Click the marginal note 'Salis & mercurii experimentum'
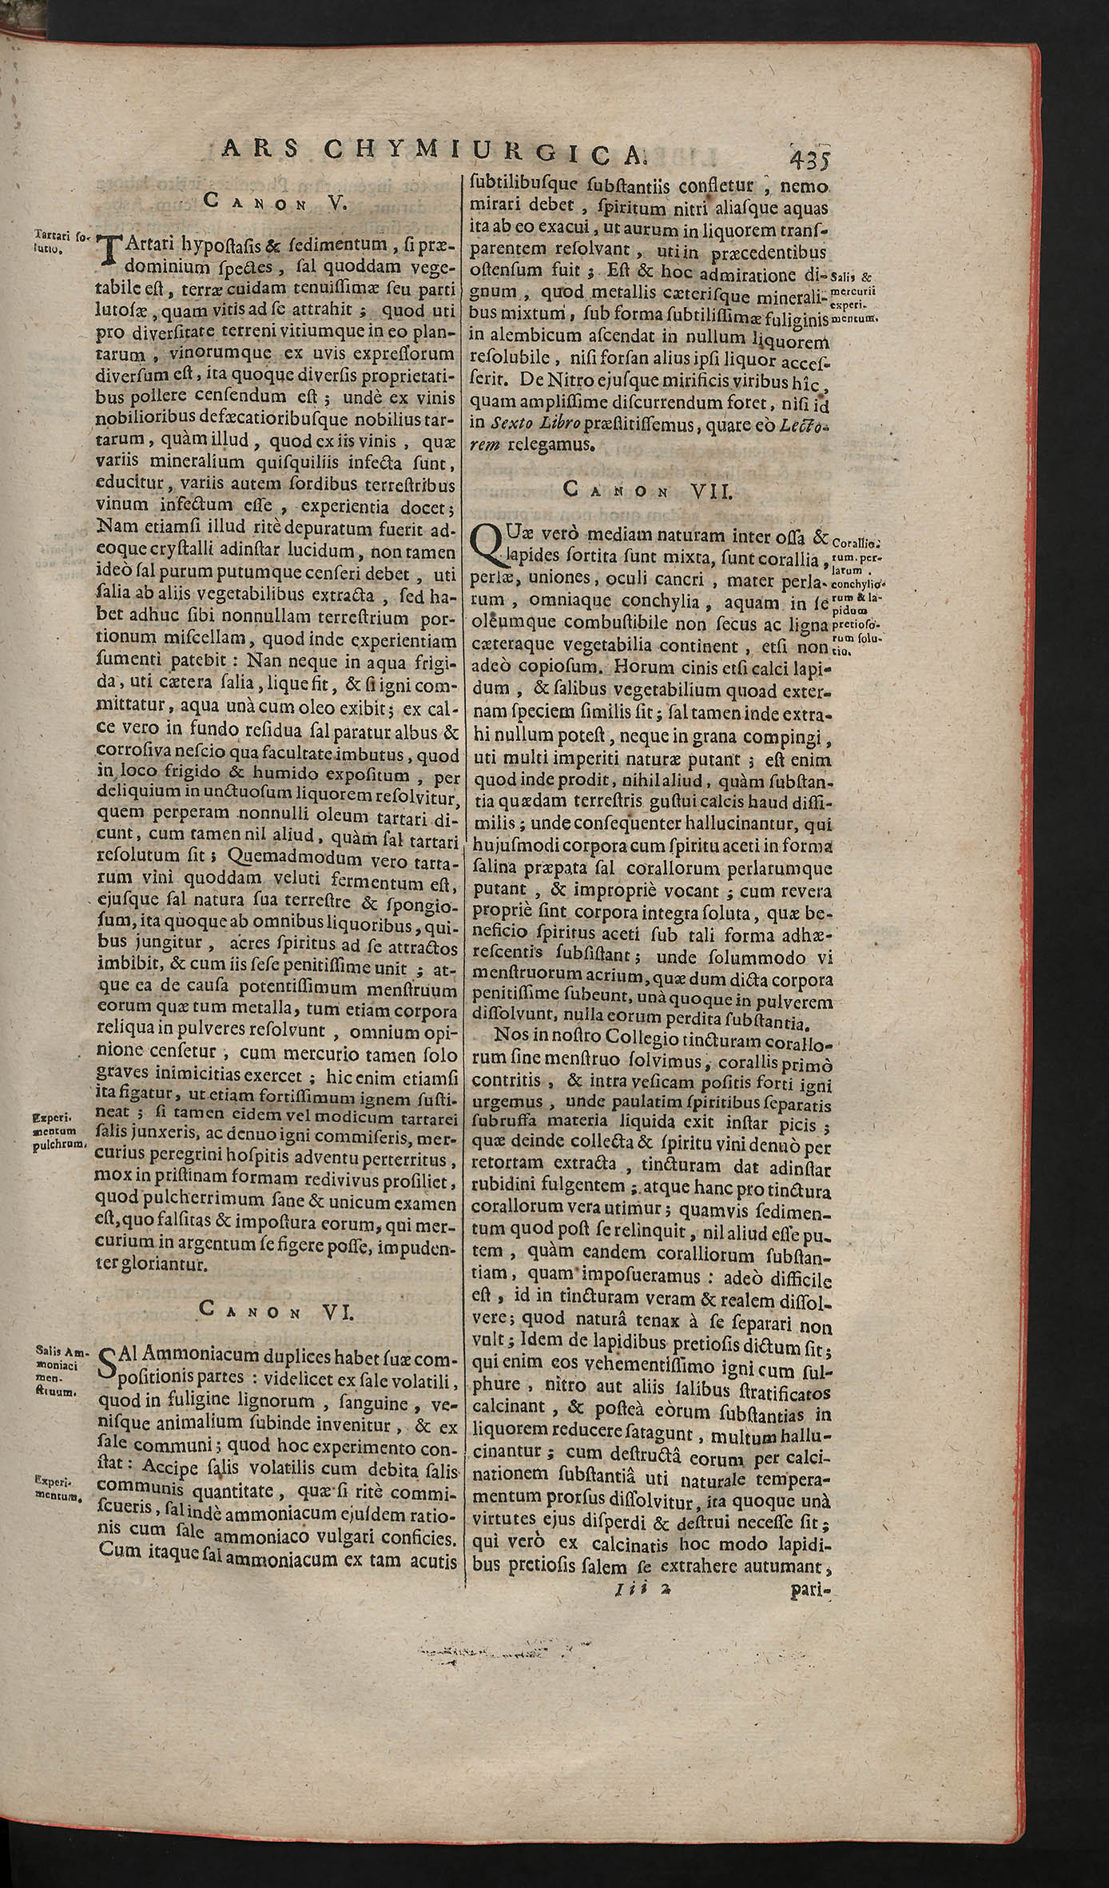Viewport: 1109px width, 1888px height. click(855, 297)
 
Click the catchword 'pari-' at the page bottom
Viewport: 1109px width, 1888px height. click(810, 1831)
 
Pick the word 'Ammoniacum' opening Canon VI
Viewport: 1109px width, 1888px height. click(185, 1356)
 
